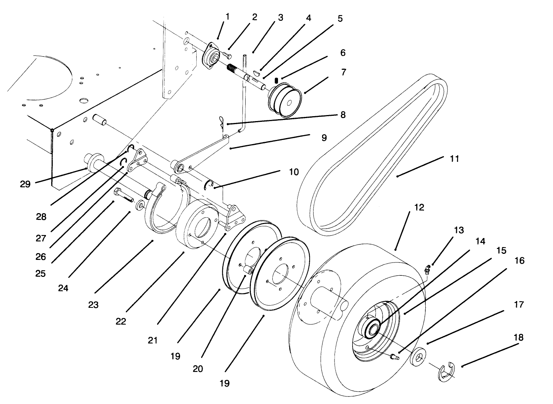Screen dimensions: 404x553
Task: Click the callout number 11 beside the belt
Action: click(x=454, y=159)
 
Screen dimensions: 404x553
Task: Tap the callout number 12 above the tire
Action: click(x=419, y=207)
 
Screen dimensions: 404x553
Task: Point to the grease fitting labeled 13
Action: click(x=427, y=269)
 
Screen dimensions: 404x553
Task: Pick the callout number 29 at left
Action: click(x=26, y=184)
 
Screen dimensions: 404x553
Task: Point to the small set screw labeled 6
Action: click(x=276, y=80)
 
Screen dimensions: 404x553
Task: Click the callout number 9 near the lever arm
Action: click(x=324, y=138)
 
